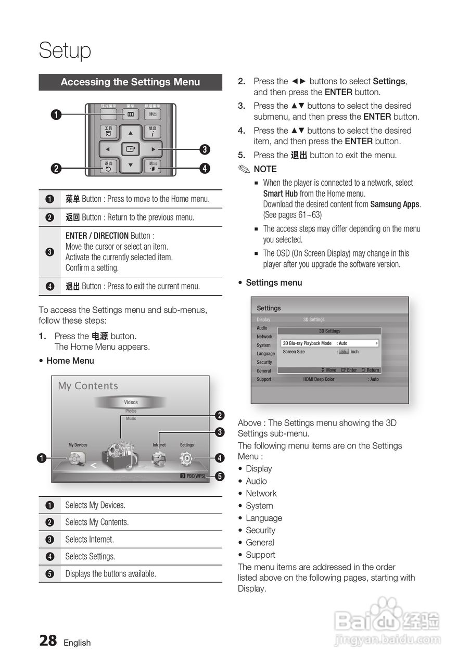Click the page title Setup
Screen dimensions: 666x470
[65, 50]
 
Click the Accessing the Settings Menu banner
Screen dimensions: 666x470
[130, 82]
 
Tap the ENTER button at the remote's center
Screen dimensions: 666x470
[131, 149]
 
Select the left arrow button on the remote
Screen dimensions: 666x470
[108, 150]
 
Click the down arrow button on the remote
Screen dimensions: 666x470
[131, 166]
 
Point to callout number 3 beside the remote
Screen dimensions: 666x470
[205, 150]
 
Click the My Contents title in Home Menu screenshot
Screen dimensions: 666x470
[88, 386]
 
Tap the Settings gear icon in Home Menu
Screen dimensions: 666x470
[186, 458]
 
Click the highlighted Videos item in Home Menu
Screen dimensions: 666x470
[131, 402]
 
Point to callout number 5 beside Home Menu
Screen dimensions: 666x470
[220, 476]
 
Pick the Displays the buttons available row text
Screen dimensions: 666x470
[110, 574]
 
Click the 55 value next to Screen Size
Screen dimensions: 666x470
[344, 352]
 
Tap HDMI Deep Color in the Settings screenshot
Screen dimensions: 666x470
[319, 379]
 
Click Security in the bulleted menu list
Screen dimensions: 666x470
[260, 530]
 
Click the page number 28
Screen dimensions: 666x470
[48, 641]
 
